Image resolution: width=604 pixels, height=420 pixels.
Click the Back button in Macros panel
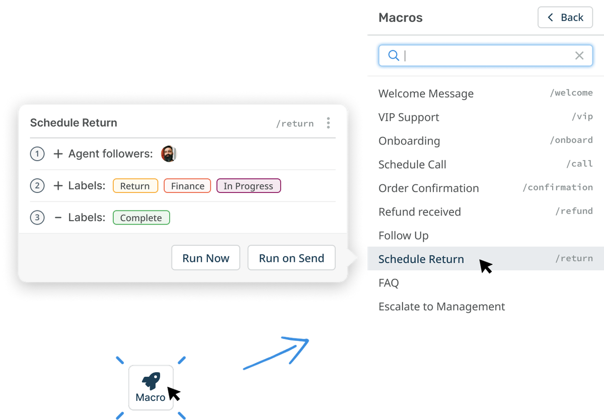(x=565, y=18)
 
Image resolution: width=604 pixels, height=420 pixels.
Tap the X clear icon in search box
(x=579, y=55)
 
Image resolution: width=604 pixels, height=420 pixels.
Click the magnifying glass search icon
(x=394, y=55)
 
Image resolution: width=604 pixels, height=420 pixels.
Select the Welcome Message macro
(x=426, y=94)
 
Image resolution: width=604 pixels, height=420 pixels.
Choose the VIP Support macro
(x=409, y=117)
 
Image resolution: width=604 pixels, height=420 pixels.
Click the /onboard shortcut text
(x=571, y=141)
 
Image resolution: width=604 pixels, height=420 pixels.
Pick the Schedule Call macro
(x=412, y=165)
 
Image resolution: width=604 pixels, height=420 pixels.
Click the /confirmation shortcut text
(x=557, y=187)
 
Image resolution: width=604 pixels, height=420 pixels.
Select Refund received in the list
(x=419, y=212)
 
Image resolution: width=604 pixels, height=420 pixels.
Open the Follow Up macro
(x=403, y=236)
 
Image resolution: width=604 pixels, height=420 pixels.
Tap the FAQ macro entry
(x=389, y=283)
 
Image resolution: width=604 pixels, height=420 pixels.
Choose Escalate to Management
(x=441, y=307)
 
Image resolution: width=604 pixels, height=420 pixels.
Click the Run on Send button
(x=291, y=258)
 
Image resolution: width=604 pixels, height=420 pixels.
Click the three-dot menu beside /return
(x=328, y=123)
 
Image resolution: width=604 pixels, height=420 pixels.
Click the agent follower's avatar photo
(x=169, y=154)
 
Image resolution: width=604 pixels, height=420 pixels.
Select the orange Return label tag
(x=135, y=186)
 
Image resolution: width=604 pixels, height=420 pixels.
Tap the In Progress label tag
(x=248, y=186)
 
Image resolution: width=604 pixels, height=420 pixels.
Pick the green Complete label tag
(x=141, y=218)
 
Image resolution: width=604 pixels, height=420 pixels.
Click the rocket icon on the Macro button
(x=150, y=381)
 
